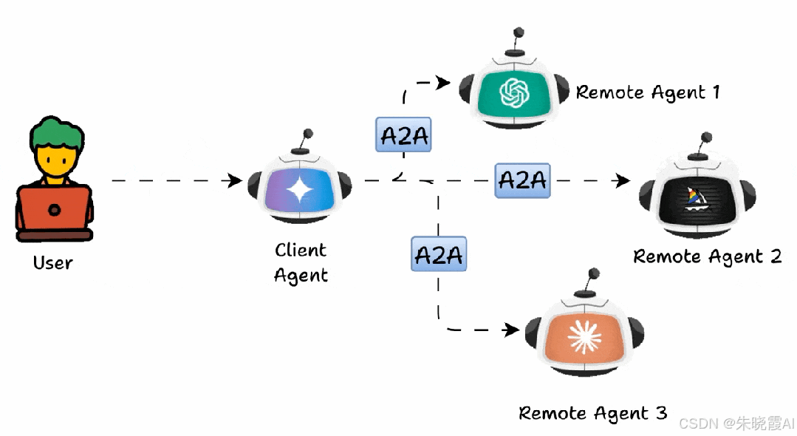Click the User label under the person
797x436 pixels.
52,262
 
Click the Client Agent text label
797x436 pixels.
301,262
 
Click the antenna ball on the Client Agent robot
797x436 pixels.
307,134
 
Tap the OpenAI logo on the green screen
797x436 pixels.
515,92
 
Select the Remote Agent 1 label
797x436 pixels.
647,92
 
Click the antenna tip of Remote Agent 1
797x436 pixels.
519,33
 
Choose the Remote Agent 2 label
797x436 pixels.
707,256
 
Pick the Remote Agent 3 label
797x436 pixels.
592,412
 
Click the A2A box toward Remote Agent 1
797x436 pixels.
403,134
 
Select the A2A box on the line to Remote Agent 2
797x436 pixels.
522,180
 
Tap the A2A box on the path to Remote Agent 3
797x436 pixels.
439,255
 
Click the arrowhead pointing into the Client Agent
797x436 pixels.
236,180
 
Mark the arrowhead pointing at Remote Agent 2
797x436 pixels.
623,180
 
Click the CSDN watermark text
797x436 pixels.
736,423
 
